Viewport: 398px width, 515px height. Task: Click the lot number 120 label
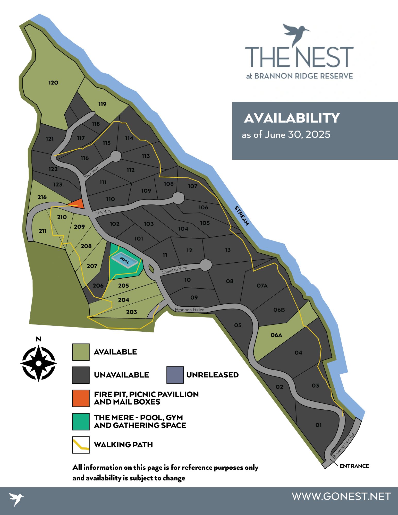point(53,83)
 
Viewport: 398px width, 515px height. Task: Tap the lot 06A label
point(276,335)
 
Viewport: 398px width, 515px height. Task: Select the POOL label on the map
point(124,260)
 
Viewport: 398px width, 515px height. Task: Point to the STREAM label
point(242,216)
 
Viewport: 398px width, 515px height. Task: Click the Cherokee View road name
point(174,270)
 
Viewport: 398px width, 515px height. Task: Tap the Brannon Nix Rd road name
point(344,445)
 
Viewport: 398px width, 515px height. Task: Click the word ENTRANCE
point(354,466)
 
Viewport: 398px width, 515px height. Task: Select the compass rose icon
point(38,363)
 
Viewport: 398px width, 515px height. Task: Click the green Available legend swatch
point(81,352)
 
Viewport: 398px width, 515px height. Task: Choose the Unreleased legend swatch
point(175,375)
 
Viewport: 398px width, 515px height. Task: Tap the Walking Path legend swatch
point(81,445)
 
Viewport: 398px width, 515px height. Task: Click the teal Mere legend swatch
point(81,422)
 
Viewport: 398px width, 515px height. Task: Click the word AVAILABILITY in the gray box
point(292,118)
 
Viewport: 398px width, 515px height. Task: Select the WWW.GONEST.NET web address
point(341,496)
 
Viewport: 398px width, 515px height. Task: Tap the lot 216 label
point(42,197)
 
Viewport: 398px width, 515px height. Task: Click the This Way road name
point(103,212)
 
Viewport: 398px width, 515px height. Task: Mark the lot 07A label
point(262,285)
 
